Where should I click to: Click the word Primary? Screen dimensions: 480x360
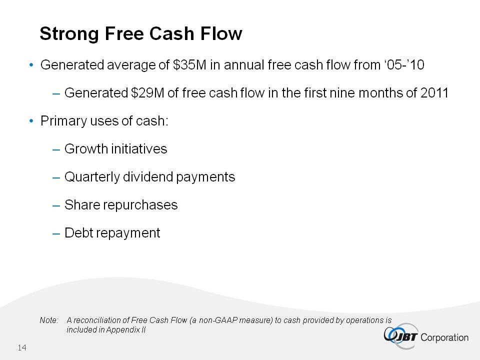coord(63,121)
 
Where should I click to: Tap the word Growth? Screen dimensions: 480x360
coord(86,149)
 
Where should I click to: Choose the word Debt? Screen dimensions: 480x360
coord(78,232)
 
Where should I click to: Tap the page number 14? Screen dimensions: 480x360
coord(22,347)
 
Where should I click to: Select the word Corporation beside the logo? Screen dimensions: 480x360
coord(444,337)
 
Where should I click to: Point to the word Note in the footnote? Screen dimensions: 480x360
coord(49,320)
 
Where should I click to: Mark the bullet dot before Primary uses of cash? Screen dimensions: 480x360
coord(31,121)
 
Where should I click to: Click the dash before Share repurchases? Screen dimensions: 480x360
coord(56,205)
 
